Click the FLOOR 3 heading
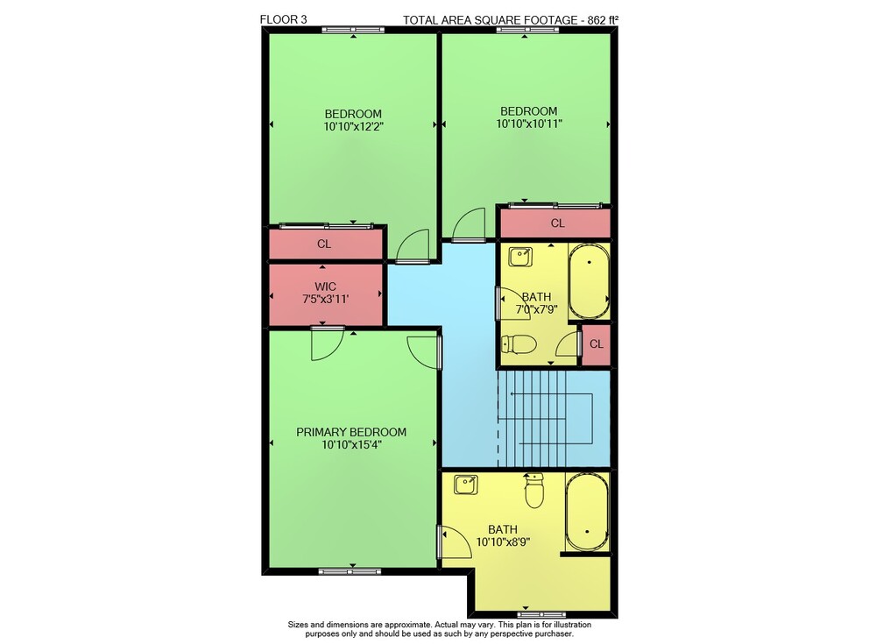click(x=283, y=19)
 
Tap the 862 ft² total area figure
click(x=603, y=20)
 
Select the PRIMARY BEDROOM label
click(x=351, y=432)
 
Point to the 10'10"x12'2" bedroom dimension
click(x=353, y=127)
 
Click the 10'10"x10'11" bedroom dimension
click(x=528, y=124)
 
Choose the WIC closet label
click(x=325, y=287)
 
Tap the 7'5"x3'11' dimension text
click(x=325, y=300)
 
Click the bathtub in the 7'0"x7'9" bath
click(x=589, y=281)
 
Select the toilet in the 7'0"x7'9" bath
click(x=519, y=343)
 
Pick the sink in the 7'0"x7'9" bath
click(x=520, y=257)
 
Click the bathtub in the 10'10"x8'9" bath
click(x=587, y=513)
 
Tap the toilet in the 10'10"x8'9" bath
click(x=534, y=491)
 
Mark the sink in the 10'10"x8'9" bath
click(x=465, y=485)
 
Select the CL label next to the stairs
click(x=597, y=344)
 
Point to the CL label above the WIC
click(x=324, y=244)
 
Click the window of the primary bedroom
click(x=350, y=571)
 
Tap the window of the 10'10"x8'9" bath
click(x=541, y=615)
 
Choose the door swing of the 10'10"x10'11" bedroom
click(x=468, y=223)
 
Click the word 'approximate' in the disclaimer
click(x=409, y=625)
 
